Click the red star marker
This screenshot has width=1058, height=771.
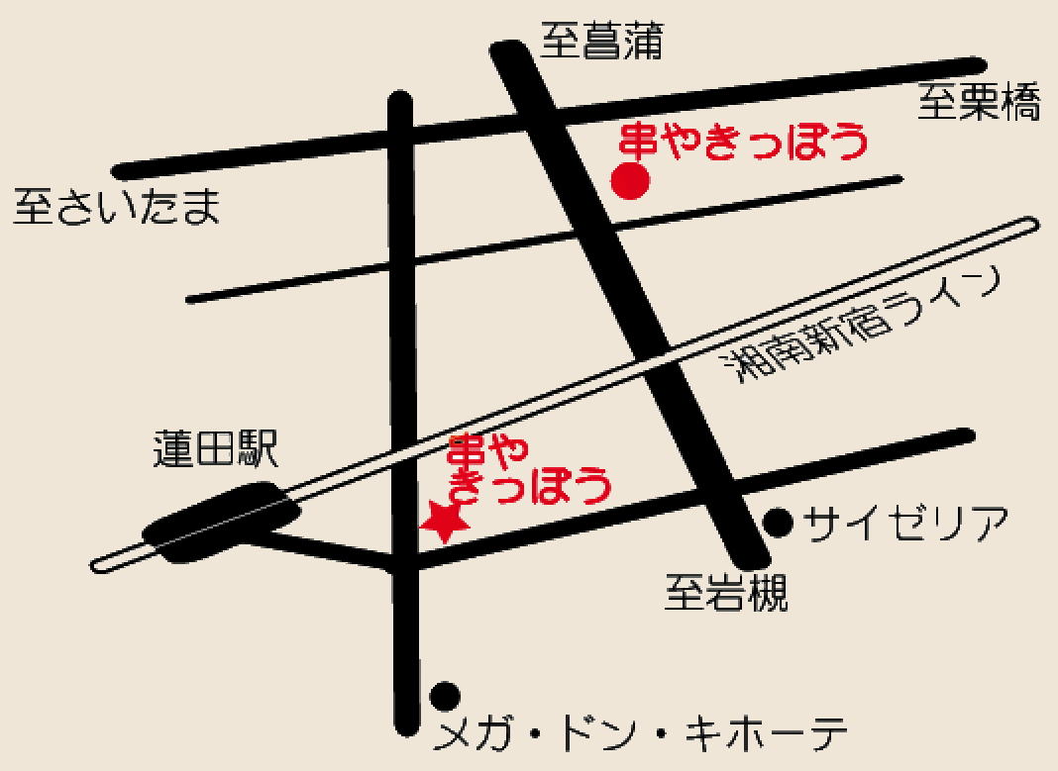(x=444, y=521)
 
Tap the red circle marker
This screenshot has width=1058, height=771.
(x=630, y=181)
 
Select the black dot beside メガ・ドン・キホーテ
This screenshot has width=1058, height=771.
(x=445, y=696)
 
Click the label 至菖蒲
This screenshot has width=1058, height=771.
(x=601, y=43)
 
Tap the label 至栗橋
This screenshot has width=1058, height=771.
(x=979, y=102)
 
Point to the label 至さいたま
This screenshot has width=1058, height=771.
(x=117, y=208)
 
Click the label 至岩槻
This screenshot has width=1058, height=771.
(x=727, y=595)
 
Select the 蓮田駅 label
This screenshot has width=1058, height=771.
(x=216, y=449)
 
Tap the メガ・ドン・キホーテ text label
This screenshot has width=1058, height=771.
(x=643, y=736)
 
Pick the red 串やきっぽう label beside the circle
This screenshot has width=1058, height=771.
(x=743, y=142)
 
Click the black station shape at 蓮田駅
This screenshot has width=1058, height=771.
(x=222, y=522)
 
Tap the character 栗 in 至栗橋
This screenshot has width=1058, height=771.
(x=979, y=102)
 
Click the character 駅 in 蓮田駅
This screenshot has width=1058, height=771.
(x=258, y=449)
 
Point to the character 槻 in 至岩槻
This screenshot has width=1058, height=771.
(x=768, y=595)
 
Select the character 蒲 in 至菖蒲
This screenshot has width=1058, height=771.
(x=642, y=43)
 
